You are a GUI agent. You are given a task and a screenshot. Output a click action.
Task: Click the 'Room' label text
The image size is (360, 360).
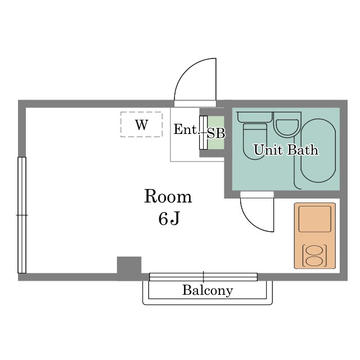[x=168, y=196]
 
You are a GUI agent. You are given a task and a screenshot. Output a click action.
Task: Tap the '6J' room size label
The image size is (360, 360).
[x=169, y=218]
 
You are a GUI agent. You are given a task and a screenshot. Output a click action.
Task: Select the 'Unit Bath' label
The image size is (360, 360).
[x=286, y=150]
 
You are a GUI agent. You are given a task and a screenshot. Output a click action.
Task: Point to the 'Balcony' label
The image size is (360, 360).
[x=208, y=290]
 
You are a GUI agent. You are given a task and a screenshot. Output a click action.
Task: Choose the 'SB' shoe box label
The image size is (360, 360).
[x=216, y=133]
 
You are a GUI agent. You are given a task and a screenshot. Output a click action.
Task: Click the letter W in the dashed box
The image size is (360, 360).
[x=141, y=125]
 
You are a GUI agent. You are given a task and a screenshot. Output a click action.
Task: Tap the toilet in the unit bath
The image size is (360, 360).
[x=255, y=141]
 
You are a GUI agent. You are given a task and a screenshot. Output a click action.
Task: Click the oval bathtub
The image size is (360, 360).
[x=318, y=151]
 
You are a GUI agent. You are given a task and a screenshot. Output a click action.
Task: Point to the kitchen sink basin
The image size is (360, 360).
[x=315, y=219]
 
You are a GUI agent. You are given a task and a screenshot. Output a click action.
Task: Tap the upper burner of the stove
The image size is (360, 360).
[x=315, y=250]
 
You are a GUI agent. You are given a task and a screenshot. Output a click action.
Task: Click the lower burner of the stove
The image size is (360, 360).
[x=315, y=261]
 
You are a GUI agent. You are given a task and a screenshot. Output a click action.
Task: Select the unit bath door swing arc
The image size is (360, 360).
[x=250, y=221]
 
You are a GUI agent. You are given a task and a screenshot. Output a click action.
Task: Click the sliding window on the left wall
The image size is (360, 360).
[x=22, y=215]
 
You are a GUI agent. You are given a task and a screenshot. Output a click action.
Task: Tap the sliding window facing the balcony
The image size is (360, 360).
[x=204, y=277]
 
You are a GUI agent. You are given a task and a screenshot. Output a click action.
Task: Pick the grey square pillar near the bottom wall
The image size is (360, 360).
[x=129, y=268]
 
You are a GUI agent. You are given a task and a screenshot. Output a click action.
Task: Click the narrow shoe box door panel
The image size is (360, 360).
[x=204, y=133]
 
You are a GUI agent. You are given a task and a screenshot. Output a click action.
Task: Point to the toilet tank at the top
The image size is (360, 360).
[x=254, y=117]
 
